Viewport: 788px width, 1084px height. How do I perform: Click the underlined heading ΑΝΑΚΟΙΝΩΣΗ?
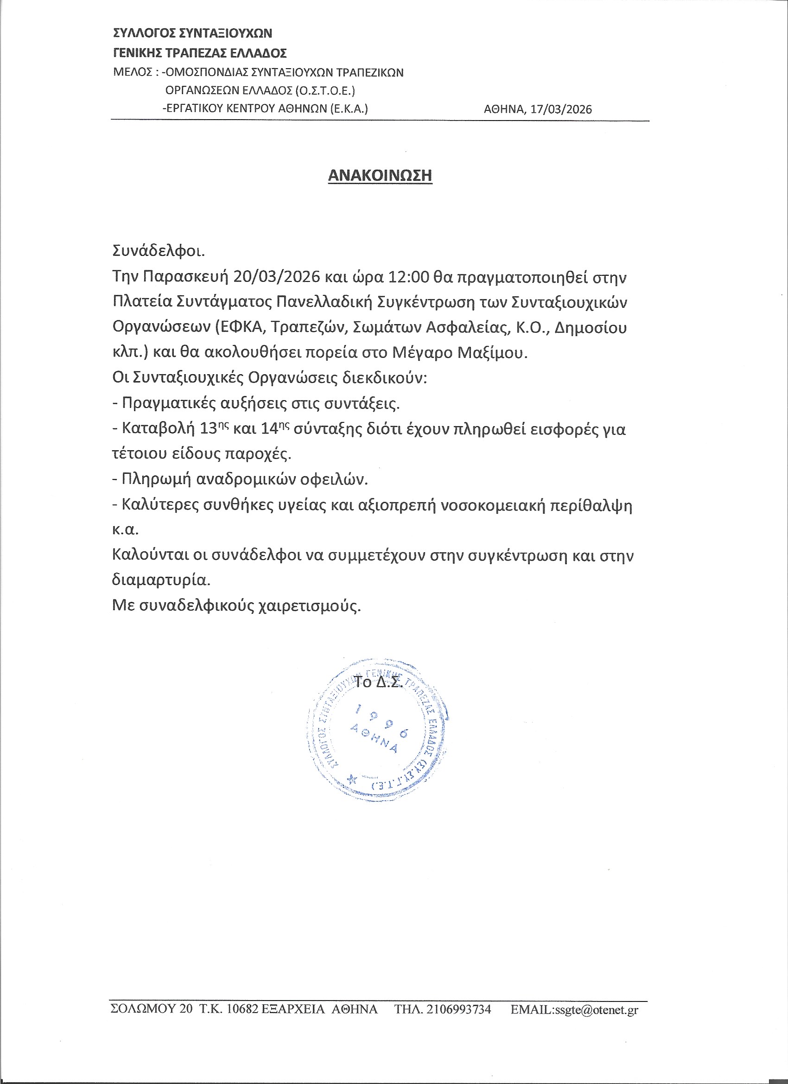[x=380, y=175]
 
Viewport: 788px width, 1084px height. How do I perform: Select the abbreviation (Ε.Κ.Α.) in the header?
[x=349, y=108]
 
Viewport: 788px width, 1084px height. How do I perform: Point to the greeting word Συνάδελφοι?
[x=158, y=251]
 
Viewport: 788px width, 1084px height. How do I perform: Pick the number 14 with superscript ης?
[x=269, y=429]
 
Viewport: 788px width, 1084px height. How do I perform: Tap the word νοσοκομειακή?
[x=492, y=505]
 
